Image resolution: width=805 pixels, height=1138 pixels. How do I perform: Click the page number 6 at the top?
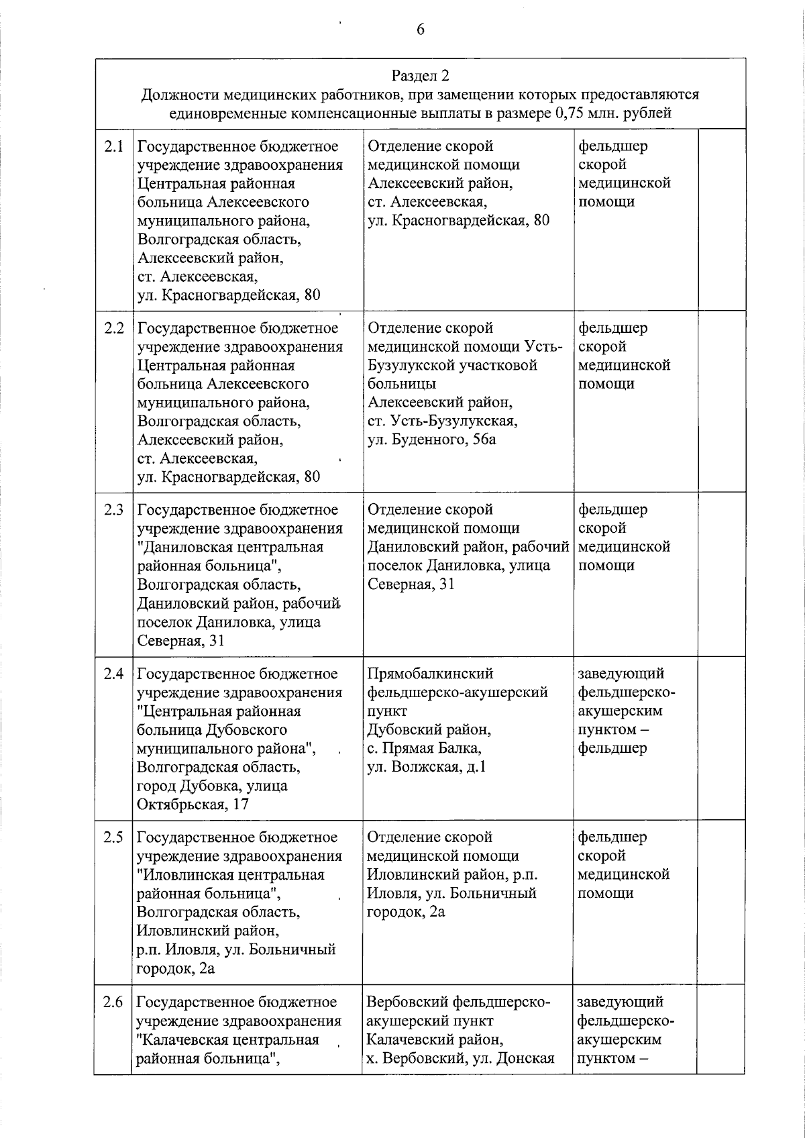point(421,30)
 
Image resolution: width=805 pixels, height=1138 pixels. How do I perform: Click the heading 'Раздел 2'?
point(420,75)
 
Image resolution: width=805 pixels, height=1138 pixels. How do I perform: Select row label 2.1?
point(114,146)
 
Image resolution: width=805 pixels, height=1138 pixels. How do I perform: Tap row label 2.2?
point(114,328)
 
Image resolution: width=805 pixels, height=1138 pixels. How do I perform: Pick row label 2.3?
point(114,509)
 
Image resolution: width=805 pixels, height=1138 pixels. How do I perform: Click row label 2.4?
point(114,673)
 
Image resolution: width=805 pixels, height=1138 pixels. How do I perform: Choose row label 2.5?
point(114,837)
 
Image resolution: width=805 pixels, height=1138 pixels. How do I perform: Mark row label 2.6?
point(114,1002)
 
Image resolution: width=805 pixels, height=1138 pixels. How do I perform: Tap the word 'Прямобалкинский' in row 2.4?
point(430,673)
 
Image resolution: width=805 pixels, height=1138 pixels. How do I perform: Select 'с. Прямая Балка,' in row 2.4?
point(424,747)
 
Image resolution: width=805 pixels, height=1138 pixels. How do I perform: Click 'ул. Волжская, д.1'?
point(427,766)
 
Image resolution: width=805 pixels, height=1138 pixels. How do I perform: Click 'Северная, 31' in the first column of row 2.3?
point(180,640)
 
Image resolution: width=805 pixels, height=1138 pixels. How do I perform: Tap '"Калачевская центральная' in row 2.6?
point(227,1039)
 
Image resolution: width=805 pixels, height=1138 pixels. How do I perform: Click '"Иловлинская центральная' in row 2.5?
point(230,875)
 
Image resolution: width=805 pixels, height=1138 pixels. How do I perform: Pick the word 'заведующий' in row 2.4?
point(621,673)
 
